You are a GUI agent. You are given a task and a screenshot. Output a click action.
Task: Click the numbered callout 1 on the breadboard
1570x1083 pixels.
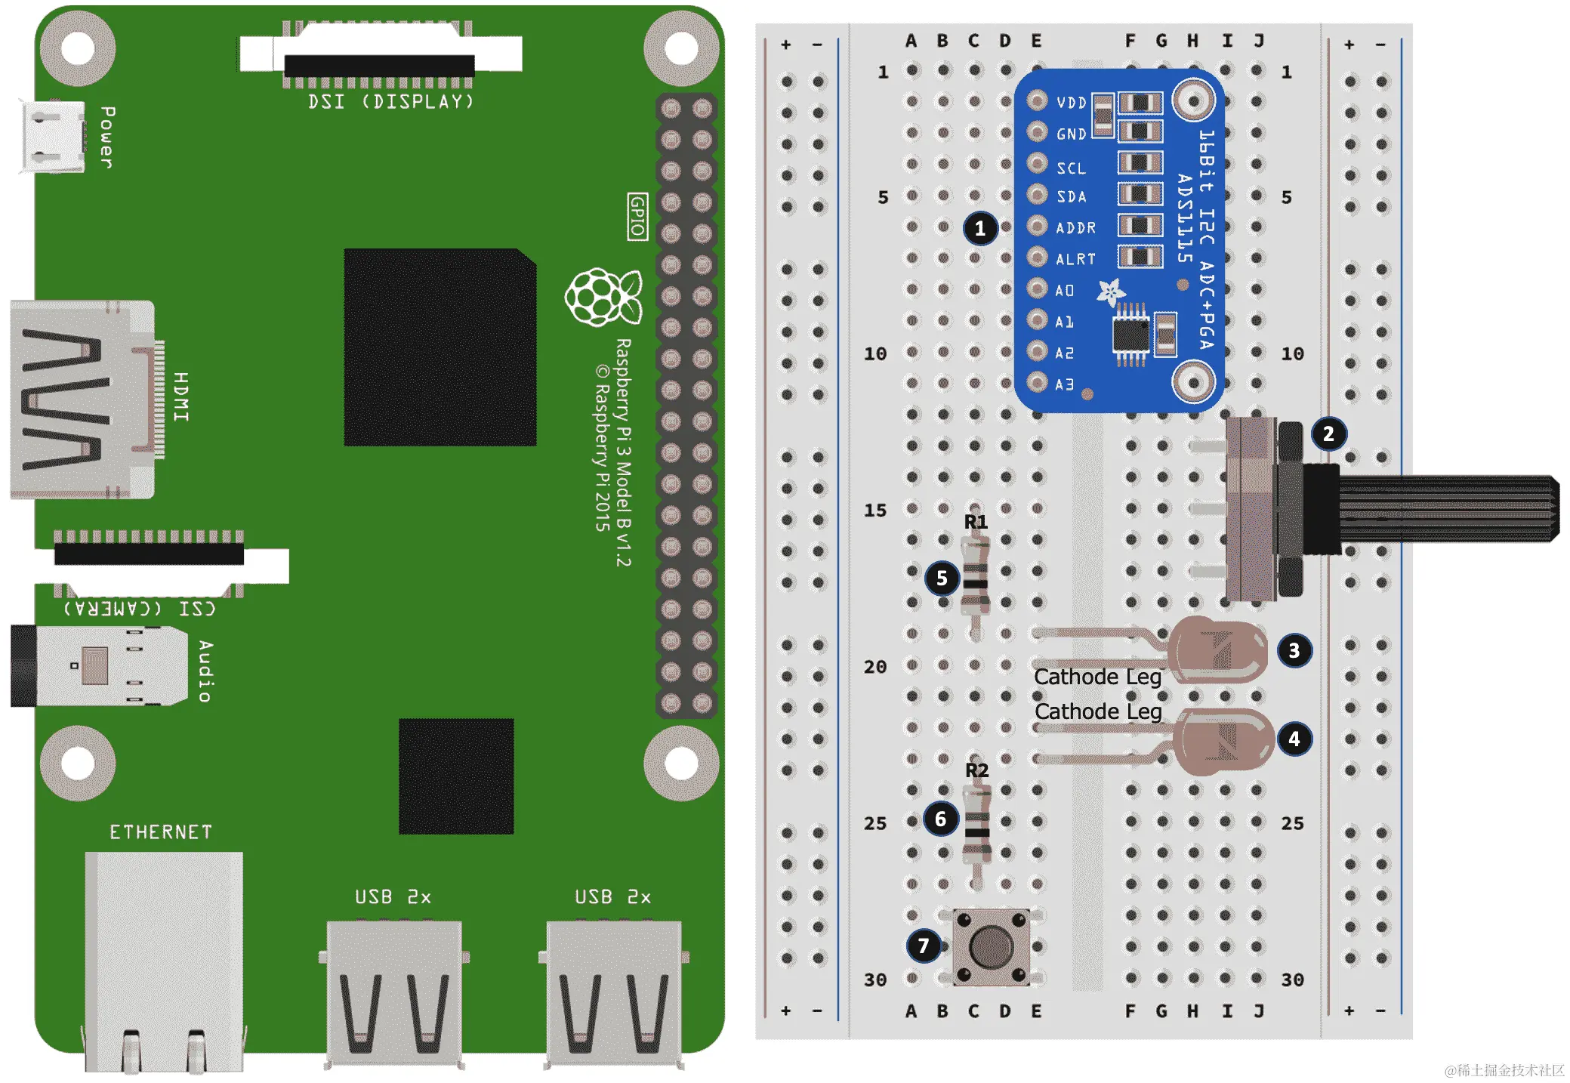979,228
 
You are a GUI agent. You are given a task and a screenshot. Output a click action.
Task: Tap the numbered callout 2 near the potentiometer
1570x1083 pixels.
1328,434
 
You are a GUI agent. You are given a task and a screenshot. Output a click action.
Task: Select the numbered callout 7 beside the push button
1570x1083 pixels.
923,946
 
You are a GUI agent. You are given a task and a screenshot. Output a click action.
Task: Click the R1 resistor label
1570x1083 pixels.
976,522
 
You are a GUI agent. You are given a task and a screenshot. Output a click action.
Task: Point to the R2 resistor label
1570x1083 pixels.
976,770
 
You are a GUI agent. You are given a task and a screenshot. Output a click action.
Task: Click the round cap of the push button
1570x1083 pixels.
991,946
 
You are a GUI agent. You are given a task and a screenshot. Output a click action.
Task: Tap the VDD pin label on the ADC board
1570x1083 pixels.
1071,103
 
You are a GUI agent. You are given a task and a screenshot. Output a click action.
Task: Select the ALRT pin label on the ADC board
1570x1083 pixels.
1075,259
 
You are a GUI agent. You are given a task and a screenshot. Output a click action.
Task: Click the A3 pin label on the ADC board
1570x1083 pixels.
1064,384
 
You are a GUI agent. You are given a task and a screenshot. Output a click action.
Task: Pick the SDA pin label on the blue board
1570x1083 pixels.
1071,197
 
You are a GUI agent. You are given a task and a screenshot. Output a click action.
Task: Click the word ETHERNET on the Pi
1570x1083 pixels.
161,832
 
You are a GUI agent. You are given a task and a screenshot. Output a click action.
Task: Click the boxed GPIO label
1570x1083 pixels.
637,217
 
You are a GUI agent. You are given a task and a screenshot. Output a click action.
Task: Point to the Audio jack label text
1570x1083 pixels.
205,671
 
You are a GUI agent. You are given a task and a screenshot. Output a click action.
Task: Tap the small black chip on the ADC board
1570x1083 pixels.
1130,335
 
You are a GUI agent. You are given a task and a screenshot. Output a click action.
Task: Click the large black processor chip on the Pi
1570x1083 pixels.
440,347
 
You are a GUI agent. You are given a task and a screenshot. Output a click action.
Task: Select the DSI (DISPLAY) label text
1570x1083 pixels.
390,101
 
